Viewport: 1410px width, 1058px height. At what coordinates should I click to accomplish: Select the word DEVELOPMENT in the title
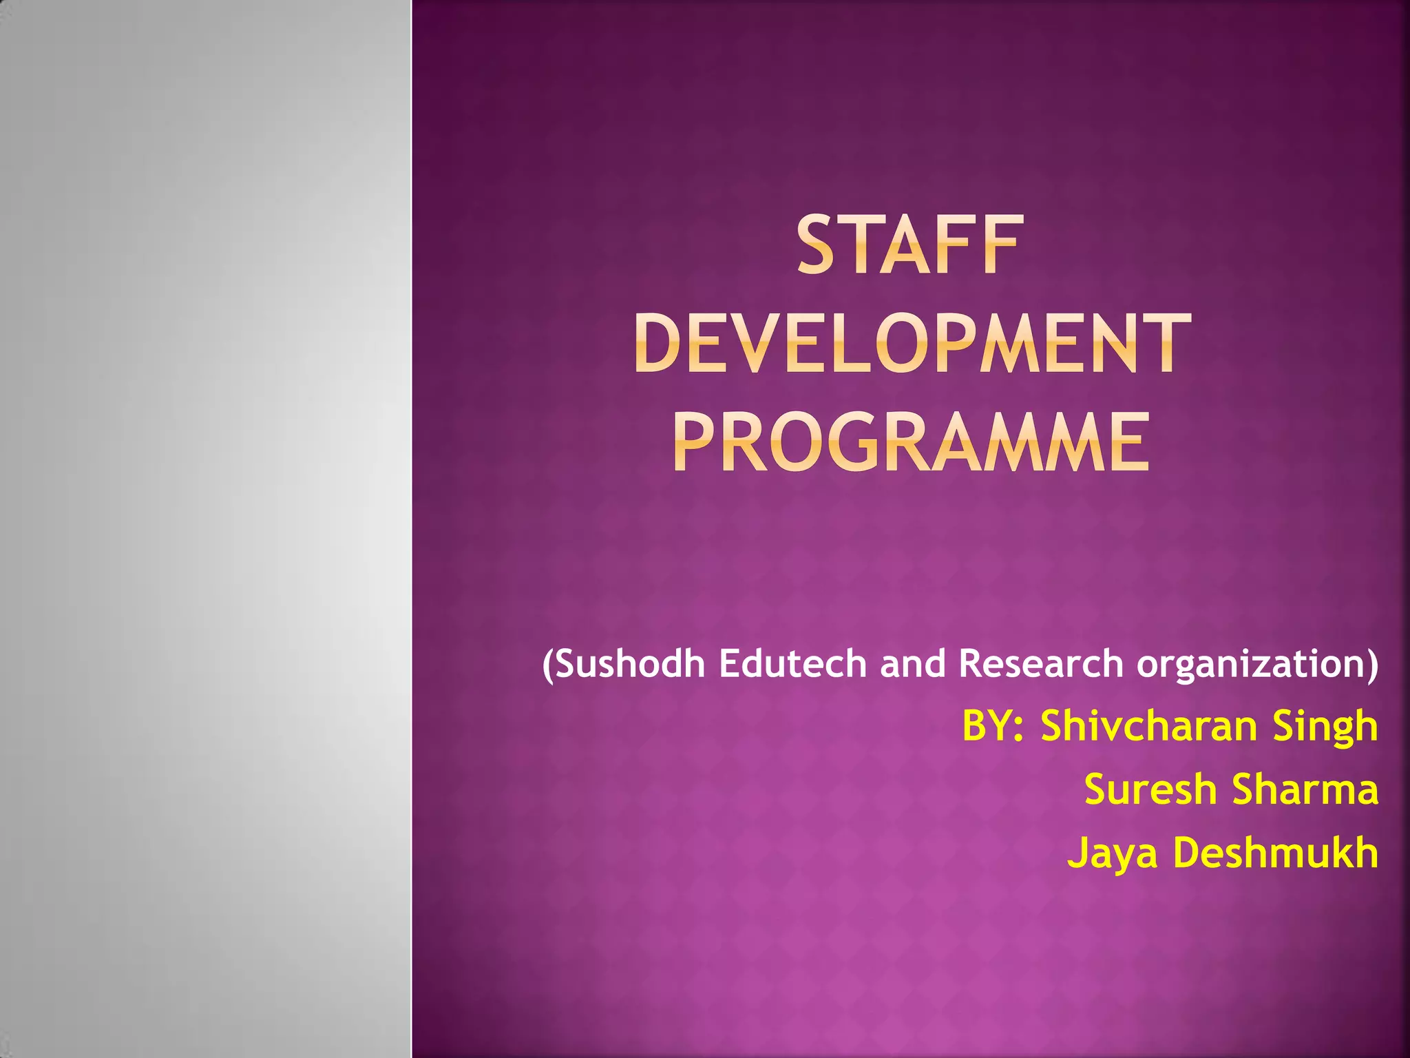click(x=912, y=343)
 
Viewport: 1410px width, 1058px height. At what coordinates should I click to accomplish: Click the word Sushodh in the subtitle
click(x=631, y=663)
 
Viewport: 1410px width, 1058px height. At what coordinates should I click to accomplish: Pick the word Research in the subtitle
click(x=1040, y=663)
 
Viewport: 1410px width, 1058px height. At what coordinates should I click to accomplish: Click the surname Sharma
click(x=1305, y=789)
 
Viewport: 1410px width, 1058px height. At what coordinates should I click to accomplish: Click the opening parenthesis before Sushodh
click(x=547, y=665)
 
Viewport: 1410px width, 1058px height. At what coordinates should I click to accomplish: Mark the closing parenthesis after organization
click(x=1372, y=665)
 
